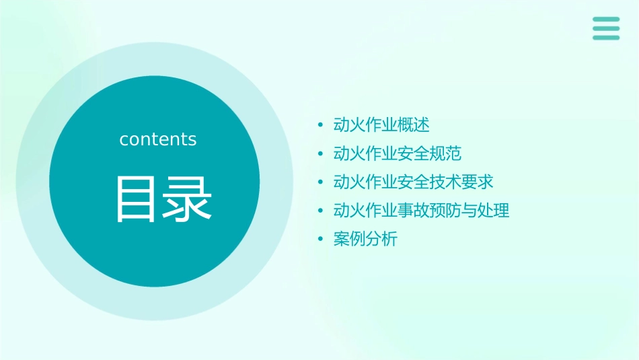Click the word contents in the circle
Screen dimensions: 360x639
(158, 139)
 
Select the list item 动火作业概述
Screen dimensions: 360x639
(381, 125)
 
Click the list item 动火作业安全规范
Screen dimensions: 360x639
(398, 153)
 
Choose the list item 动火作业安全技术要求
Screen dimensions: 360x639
(414, 182)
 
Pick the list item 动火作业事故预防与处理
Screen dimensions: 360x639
(422, 211)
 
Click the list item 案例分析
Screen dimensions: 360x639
(365, 239)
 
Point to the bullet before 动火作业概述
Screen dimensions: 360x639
(321, 125)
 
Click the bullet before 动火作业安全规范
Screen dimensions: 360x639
(321, 154)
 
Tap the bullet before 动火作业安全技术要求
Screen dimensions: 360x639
(321, 182)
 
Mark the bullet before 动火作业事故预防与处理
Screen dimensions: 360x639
(321, 211)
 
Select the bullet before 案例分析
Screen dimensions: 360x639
(321, 239)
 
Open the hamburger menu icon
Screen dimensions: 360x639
(606, 28)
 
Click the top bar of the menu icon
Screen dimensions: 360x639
(606, 20)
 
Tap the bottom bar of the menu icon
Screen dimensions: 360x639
(606, 37)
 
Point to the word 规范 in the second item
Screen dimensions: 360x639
(446, 153)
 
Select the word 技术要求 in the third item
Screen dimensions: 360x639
(462, 182)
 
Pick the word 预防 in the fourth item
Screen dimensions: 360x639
(446, 211)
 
